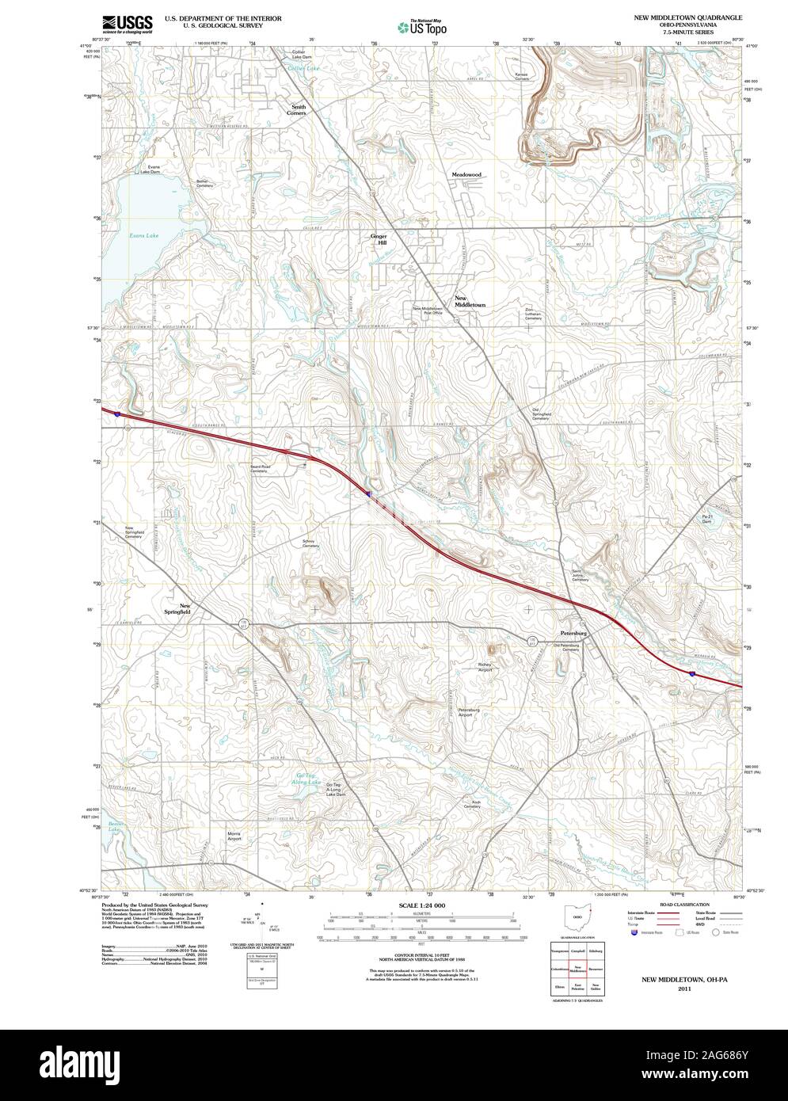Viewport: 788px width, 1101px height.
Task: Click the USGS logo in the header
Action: [x=128, y=23]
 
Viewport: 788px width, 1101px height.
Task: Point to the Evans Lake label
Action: [x=144, y=235]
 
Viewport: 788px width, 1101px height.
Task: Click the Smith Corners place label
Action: [x=298, y=109]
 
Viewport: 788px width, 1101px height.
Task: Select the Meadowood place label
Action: [x=466, y=174]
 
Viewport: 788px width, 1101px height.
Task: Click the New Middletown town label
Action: [x=470, y=302]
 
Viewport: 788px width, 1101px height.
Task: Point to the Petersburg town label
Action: [x=573, y=634]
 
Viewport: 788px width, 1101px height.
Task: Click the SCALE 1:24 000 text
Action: [x=422, y=905]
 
